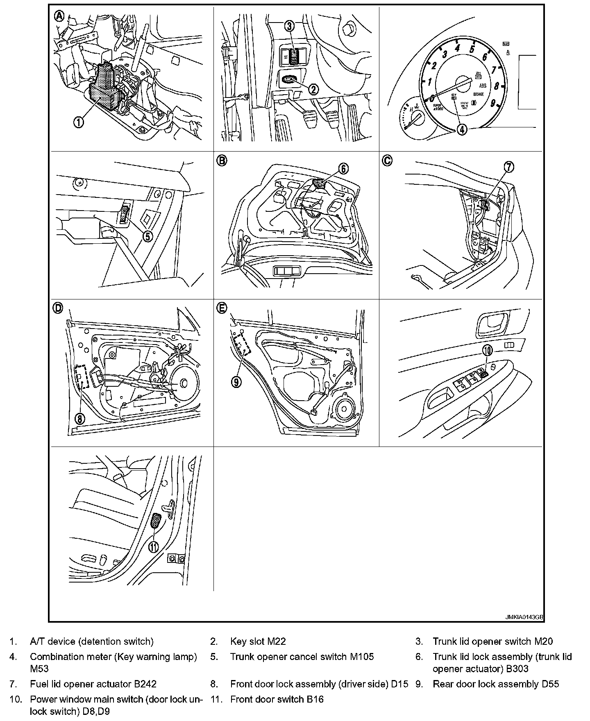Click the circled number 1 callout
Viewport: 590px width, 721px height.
[x=79, y=122]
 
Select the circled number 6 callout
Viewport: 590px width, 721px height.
[x=343, y=168]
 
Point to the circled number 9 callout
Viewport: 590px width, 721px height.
[x=236, y=382]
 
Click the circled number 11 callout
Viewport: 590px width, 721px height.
[x=153, y=547]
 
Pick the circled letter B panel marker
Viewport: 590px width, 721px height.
[x=222, y=161]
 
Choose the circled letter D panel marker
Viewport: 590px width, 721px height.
[x=59, y=308]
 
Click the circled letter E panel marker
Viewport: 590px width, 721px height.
[x=222, y=308]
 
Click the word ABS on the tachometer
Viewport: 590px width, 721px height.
[x=483, y=86]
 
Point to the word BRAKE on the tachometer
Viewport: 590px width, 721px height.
[x=479, y=94]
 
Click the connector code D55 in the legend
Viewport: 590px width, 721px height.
[x=549, y=684]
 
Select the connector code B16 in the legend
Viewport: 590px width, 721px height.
[x=315, y=699]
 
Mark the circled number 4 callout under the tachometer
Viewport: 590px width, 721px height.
[x=462, y=129]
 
